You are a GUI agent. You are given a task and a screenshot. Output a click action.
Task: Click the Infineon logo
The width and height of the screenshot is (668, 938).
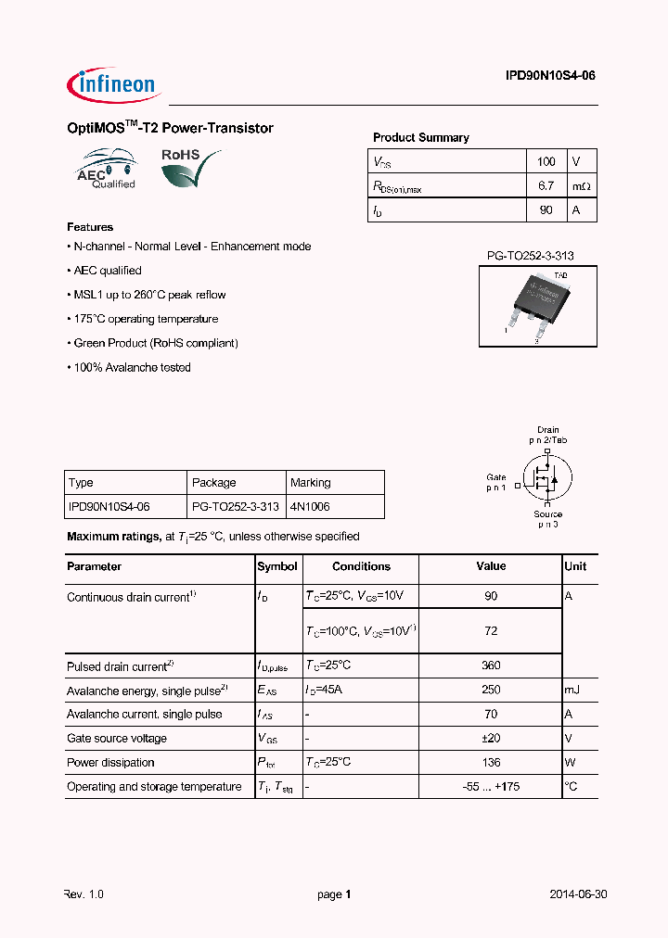click(113, 85)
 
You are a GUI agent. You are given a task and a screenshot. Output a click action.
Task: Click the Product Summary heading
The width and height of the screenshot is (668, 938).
click(420, 137)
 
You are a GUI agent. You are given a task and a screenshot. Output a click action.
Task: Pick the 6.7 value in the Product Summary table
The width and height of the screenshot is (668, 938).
click(546, 186)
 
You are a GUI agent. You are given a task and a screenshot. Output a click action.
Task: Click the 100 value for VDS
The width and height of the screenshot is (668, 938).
click(546, 161)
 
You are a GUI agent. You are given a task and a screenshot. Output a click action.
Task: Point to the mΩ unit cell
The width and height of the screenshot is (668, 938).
click(581, 186)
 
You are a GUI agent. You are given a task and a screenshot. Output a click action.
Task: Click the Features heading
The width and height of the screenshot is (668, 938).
click(90, 227)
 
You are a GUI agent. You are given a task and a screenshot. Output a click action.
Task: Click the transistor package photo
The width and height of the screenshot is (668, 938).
click(537, 307)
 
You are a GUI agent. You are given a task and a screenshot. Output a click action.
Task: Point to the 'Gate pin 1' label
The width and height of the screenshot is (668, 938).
click(496, 482)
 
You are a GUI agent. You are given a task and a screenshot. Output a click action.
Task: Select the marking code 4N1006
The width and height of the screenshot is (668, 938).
click(310, 507)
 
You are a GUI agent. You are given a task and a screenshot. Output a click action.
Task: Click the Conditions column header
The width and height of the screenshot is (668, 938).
click(361, 566)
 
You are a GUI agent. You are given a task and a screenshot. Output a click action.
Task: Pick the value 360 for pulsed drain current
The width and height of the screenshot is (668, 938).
click(491, 665)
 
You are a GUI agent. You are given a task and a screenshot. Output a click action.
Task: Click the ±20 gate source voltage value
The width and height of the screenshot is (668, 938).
click(491, 739)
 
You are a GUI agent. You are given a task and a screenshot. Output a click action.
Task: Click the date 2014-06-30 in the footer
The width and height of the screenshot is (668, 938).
click(578, 895)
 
